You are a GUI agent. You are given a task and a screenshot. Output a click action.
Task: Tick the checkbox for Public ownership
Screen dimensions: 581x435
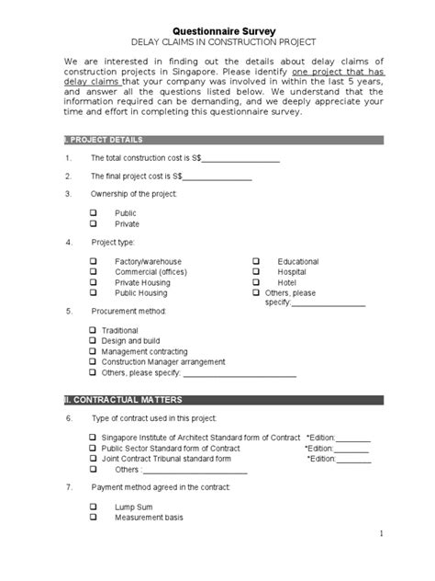tap(94, 212)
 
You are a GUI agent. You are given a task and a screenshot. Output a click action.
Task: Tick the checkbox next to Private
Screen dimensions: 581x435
tap(94, 223)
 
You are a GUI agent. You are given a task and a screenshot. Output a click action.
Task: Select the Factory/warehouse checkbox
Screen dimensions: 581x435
tap(94, 261)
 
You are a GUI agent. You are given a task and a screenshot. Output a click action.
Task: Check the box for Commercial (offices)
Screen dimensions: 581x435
tap(94, 272)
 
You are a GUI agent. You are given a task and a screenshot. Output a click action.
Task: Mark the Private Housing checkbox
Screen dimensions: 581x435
tap(94, 283)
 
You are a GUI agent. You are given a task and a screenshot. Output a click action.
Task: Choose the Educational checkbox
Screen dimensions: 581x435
tap(257, 261)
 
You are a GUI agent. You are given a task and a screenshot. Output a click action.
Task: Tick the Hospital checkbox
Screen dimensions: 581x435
tap(257, 272)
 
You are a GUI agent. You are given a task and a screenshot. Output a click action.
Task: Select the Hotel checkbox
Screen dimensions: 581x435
tap(257, 283)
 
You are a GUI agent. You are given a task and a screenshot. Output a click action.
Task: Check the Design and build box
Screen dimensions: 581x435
tap(94, 340)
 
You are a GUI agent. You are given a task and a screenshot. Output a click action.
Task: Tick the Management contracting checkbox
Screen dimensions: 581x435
tap(94, 351)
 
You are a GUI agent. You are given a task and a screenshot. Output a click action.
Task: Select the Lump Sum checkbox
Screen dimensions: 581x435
tap(94, 507)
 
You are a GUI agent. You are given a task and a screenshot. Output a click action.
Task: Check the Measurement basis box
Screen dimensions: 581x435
tap(94, 518)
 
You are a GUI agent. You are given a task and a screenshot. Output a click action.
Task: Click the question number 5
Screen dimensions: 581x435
tap(68, 312)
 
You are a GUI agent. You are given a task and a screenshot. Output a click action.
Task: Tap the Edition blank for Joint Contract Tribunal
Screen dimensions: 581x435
tap(353, 459)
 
